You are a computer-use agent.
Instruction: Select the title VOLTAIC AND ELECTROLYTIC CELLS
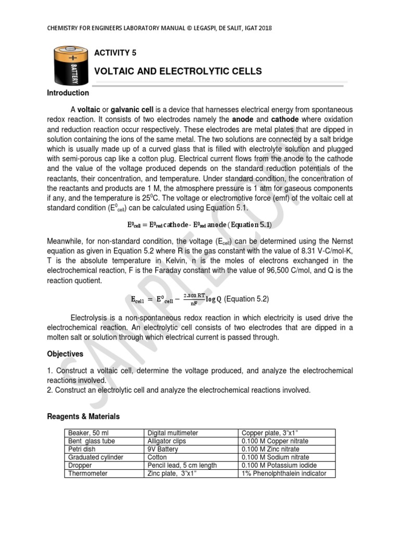coord(178,71)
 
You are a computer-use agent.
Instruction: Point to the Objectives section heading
coord(65,354)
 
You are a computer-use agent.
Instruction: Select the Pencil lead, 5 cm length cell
coord(182,465)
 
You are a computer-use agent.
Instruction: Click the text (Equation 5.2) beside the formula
coord(246,299)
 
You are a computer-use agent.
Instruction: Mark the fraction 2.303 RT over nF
coord(194,299)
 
